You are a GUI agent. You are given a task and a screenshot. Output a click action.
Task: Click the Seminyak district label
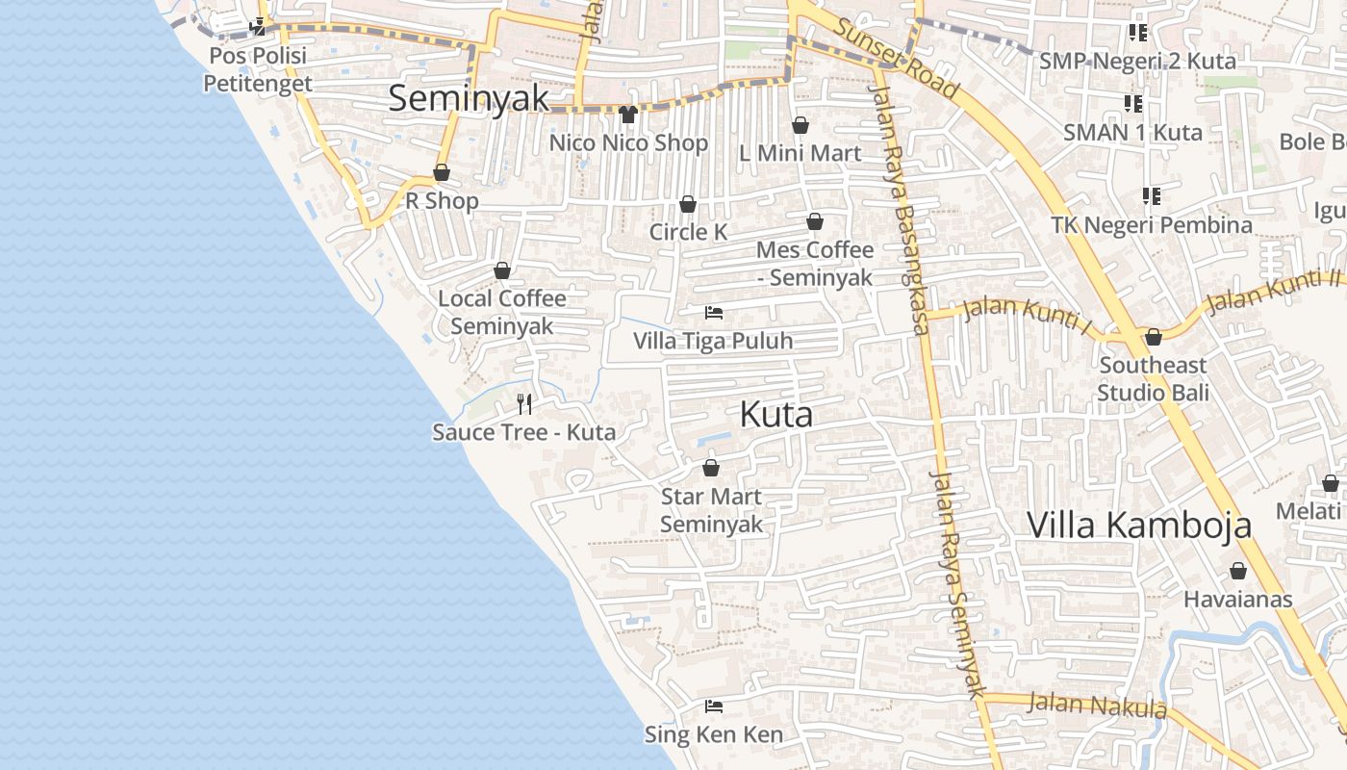tap(469, 98)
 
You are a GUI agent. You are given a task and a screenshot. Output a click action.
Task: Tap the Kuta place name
tap(775, 414)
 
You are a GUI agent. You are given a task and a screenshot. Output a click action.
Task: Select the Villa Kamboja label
tap(1139, 525)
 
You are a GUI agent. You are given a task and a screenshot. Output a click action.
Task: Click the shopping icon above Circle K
tap(688, 204)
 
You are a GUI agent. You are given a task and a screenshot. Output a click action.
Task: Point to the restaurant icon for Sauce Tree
tap(524, 403)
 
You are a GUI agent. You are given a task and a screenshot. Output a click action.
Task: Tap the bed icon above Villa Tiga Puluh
tap(714, 313)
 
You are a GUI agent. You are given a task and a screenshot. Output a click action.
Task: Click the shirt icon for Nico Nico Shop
tap(628, 115)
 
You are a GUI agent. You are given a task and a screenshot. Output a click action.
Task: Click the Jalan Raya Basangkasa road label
tap(901, 212)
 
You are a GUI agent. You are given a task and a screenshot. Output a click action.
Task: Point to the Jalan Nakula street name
tap(1097, 706)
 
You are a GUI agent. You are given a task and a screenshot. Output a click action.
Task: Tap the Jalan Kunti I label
tap(1028, 316)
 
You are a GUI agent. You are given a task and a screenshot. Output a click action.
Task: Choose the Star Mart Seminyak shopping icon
tap(711, 469)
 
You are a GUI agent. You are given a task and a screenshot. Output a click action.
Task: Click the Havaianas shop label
tap(1237, 599)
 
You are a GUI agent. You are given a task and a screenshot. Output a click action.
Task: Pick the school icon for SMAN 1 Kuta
tap(1132, 103)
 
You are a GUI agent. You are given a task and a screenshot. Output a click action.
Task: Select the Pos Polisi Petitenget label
tap(257, 69)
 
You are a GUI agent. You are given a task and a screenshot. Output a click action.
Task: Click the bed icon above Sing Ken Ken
tap(713, 706)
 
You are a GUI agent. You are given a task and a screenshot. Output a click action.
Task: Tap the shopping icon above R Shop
tap(442, 173)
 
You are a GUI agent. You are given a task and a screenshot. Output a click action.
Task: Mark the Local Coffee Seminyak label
tap(502, 312)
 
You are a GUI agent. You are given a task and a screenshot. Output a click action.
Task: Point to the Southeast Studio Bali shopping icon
tap(1153, 337)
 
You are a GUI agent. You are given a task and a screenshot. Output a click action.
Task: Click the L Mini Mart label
tap(800, 153)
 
